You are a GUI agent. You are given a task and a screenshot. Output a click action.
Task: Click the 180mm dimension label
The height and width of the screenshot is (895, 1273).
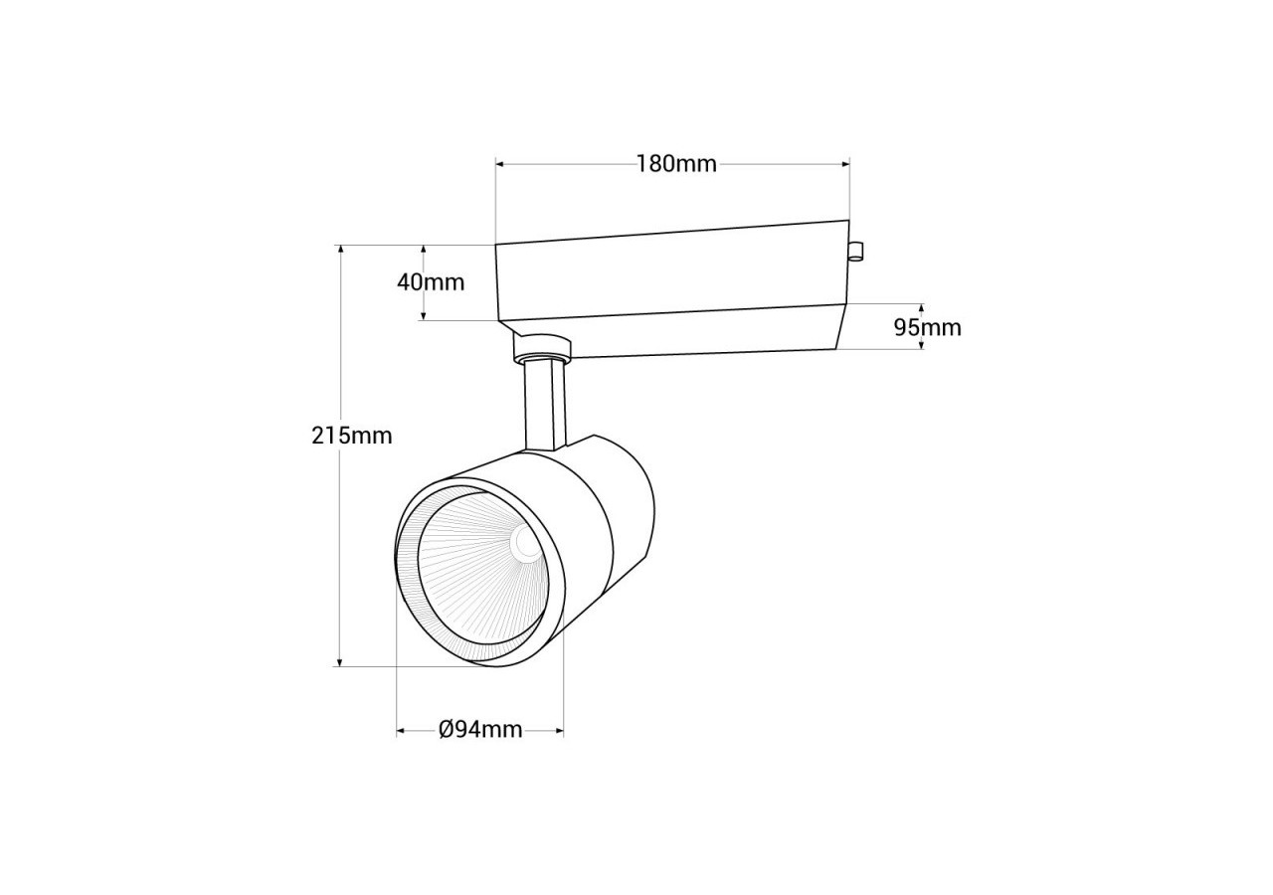[x=676, y=164]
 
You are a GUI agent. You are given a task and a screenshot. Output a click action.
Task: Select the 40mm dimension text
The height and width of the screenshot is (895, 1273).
[x=431, y=281]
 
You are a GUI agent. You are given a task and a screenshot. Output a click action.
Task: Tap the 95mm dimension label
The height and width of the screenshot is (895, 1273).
[x=927, y=327]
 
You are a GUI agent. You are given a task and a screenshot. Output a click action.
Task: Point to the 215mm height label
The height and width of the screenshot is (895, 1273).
[x=352, y=435]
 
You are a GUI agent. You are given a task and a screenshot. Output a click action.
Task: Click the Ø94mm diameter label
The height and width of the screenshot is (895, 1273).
[x=480, y=729]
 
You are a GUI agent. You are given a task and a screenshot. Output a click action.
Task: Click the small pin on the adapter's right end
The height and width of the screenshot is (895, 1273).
[x=855, y=252]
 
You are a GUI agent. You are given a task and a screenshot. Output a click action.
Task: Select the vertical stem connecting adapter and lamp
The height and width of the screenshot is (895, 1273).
[x=545, y=408]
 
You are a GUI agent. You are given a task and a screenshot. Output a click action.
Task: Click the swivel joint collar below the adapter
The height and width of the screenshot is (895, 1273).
[x=542, y=347]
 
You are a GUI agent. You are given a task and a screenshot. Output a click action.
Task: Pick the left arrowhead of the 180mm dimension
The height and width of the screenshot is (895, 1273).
[x=501, y=163]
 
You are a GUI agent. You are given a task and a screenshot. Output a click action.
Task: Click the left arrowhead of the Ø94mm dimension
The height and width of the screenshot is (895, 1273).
[x=402, y=731]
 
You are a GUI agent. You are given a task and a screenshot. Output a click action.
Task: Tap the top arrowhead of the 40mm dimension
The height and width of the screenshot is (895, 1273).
[x=424, y=251]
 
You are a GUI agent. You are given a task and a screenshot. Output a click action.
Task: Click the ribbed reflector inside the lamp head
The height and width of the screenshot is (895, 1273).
[x=467, y=587]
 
